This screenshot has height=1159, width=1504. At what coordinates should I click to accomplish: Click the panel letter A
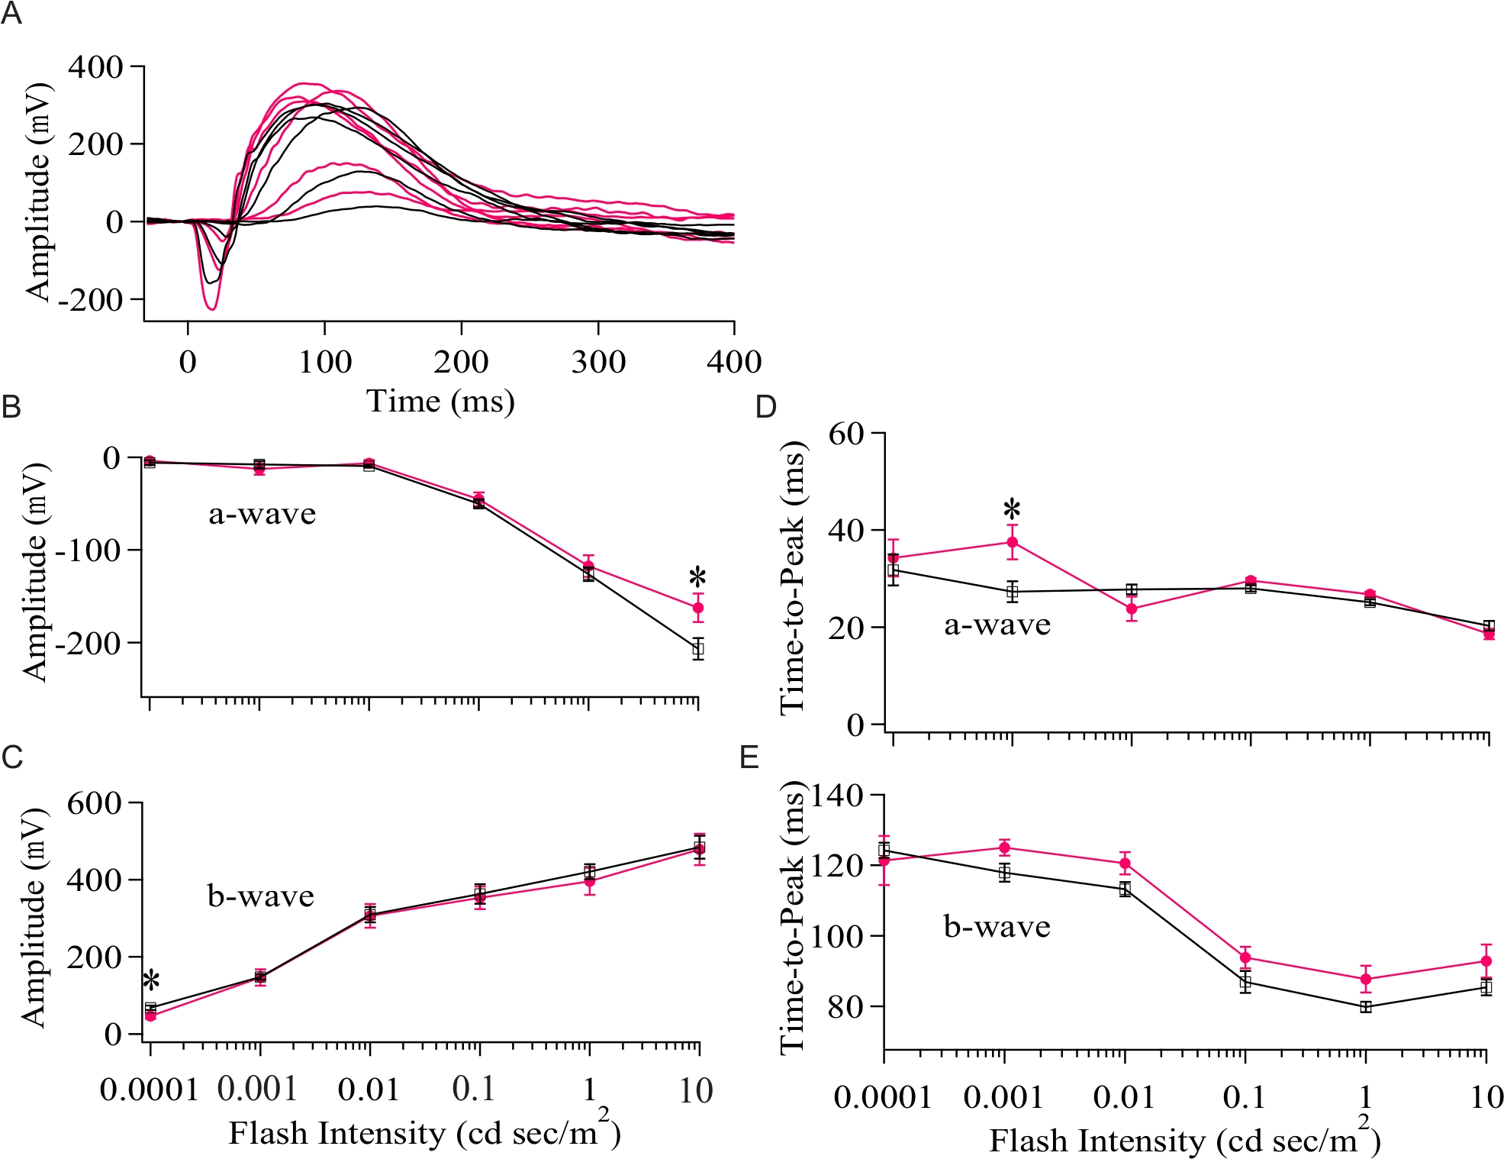click(x=11, y=15)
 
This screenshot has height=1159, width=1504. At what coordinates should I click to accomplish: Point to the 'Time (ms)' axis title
click(x=440, y=401)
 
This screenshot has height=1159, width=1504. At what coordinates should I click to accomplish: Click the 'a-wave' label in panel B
click(x=262, y=514)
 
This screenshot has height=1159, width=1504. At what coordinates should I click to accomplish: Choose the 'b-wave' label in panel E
click(x=997, y=927)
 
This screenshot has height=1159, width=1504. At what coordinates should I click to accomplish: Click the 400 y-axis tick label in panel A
click(x=95, y=67)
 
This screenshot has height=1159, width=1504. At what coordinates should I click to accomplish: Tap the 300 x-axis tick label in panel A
click(x=598, y=361)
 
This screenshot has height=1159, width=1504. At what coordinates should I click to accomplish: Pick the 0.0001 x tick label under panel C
click(x=150, y=1090)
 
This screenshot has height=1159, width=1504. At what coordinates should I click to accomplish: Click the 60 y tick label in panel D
click(x=846, y=434)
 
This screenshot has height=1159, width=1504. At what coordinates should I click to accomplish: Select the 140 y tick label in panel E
click(x=837, y=796)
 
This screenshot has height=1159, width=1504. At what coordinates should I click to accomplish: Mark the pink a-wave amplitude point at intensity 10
click(x=697, y=608)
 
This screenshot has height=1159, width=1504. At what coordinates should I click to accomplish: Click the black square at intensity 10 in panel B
click(x=697, y=649)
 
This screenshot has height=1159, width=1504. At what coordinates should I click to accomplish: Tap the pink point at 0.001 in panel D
click(x=1013, y=542)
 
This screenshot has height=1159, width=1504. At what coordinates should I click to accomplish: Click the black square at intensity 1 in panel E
click(x=1365, y=1006)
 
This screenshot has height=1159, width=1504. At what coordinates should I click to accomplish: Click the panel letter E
click(x=749, y=757)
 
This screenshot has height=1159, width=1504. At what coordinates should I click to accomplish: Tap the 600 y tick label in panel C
click(x=94, y=803)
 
